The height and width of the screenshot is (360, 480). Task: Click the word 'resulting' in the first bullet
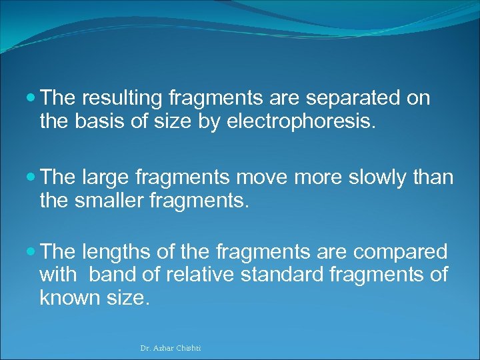tap(123, 99)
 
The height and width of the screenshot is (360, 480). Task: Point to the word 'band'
tap(109, 274)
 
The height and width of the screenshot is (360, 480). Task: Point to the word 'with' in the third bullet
tap(58, 274)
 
